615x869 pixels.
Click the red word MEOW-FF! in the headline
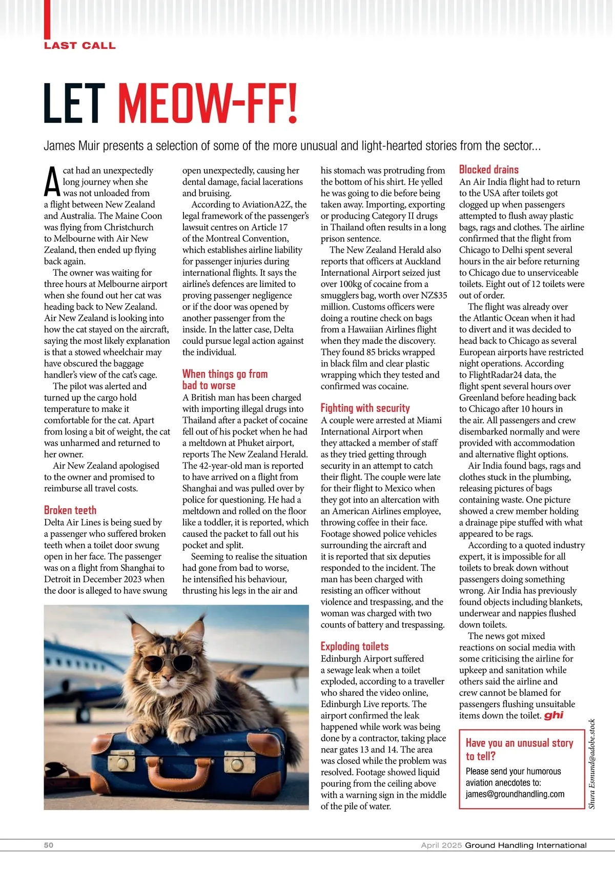click(208, 104)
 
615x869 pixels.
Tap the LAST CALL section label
click(79, 46)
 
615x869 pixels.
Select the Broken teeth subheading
click(70, 510)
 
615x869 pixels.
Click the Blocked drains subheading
click(488, 170)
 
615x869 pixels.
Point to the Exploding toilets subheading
click(355, 647)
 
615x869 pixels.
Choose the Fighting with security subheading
click(365, 408)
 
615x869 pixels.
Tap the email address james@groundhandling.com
click(515, 794)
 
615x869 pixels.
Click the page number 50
click(49, 845)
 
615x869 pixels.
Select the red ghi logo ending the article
click(553, 715)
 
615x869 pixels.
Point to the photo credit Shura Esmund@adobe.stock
click(591, 763)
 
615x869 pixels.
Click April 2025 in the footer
click(441, 845)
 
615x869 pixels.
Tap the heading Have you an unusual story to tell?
click(519, 749)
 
